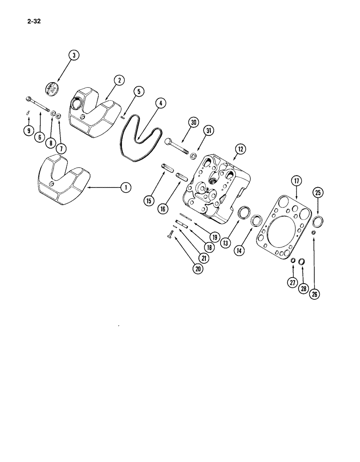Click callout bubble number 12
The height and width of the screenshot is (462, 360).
[x=240, y=149]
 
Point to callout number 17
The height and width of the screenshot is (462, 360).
[x=296, y=181]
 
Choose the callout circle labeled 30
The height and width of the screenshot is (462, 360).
[x=192, y=122]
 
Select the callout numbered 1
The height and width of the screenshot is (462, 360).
[x=124, y=187]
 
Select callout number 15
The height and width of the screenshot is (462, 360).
[x=149, y=201]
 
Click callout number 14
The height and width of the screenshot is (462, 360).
[x=240, y=251]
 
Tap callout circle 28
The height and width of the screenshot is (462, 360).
[x=304, y=289]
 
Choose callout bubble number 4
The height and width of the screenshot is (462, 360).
[x=159, y=103]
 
